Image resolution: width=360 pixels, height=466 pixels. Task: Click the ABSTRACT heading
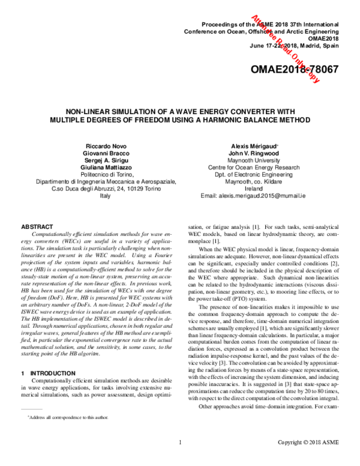point(38,226)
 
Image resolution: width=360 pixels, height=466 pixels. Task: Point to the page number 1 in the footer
point(180,460)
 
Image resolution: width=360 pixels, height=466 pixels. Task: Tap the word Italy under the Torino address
point(105,196)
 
